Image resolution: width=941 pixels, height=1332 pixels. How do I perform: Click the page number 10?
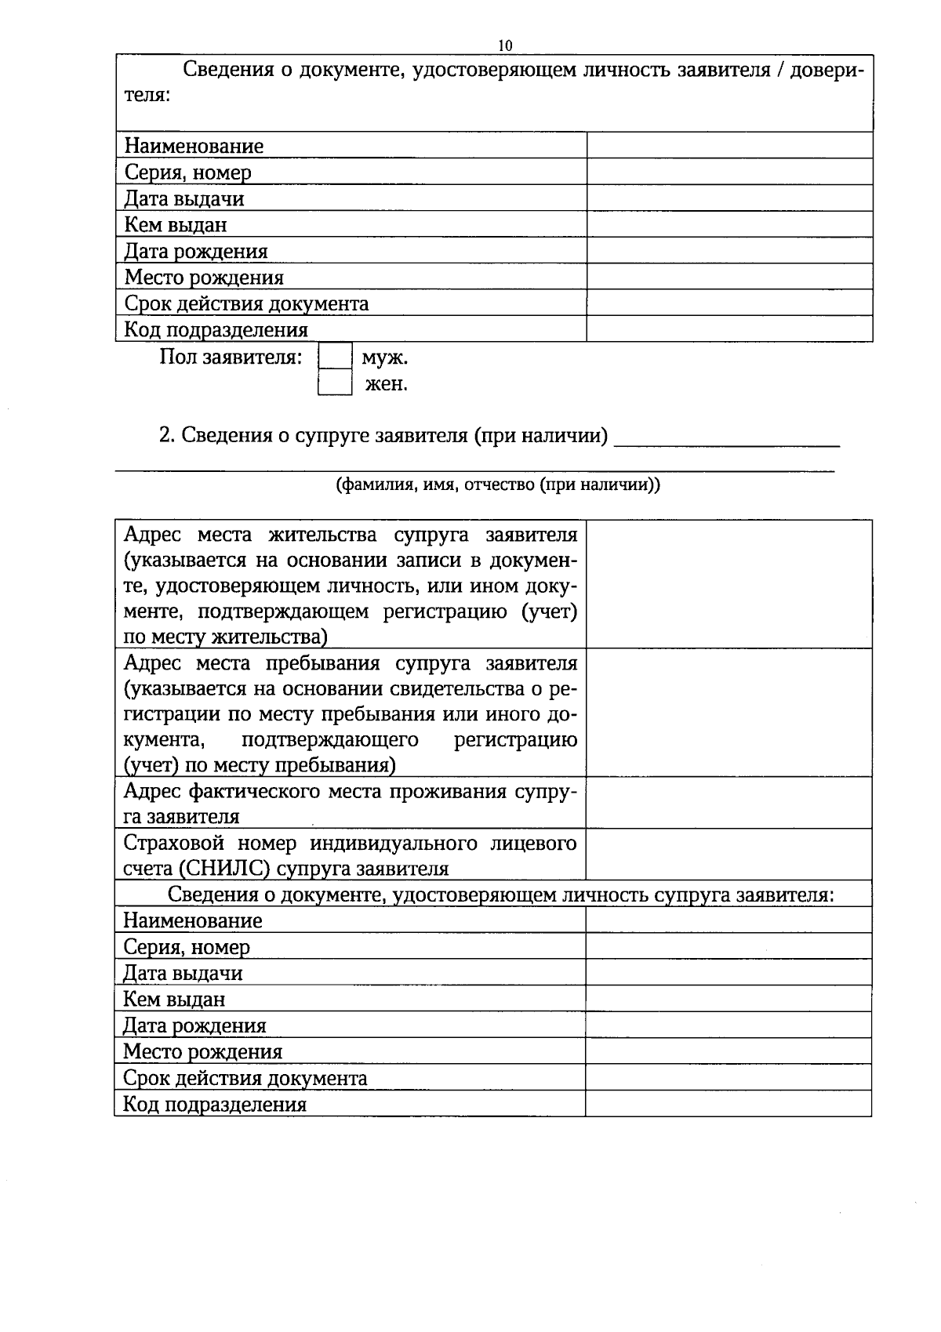[505, 45]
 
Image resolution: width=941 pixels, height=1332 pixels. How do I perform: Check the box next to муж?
[335, 358]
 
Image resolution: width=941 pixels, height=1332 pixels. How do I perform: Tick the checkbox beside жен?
[335, 384]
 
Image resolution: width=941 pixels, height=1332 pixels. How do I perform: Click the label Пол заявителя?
[231, 357]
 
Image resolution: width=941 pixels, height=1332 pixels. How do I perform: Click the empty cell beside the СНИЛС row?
[728, 855]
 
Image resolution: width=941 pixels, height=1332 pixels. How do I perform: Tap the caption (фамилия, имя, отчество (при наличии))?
[498, 485]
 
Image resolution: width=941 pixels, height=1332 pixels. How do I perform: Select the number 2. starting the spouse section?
[165, 435]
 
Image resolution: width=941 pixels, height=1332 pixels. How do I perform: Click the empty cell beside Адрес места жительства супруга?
[728, 584]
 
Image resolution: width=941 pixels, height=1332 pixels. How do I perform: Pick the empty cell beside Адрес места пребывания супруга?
[728, 713]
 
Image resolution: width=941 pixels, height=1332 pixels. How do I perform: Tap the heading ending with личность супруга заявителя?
[501, 895]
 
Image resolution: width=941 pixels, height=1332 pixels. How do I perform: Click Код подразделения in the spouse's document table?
[215, 1105]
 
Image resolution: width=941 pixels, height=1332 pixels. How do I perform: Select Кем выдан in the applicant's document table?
[176, 225]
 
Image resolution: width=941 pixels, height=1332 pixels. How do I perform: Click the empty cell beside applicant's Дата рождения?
[729, 251]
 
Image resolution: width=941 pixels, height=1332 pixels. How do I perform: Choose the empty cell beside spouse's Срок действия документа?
[728, 1078]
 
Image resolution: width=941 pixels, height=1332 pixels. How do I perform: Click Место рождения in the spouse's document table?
[202, 1052]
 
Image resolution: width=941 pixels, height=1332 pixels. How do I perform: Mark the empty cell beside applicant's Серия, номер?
[729, 172]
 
